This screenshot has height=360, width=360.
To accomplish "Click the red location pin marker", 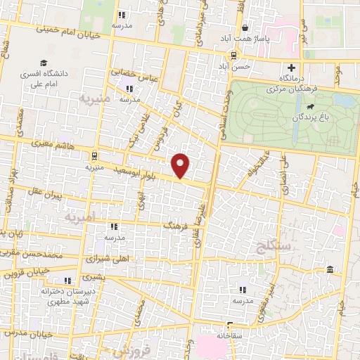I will point(181,165).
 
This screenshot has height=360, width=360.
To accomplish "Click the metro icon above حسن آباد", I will point(233,54).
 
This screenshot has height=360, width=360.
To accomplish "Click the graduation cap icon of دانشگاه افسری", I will point(44,63).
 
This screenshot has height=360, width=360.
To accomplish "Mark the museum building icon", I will point(330,271).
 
